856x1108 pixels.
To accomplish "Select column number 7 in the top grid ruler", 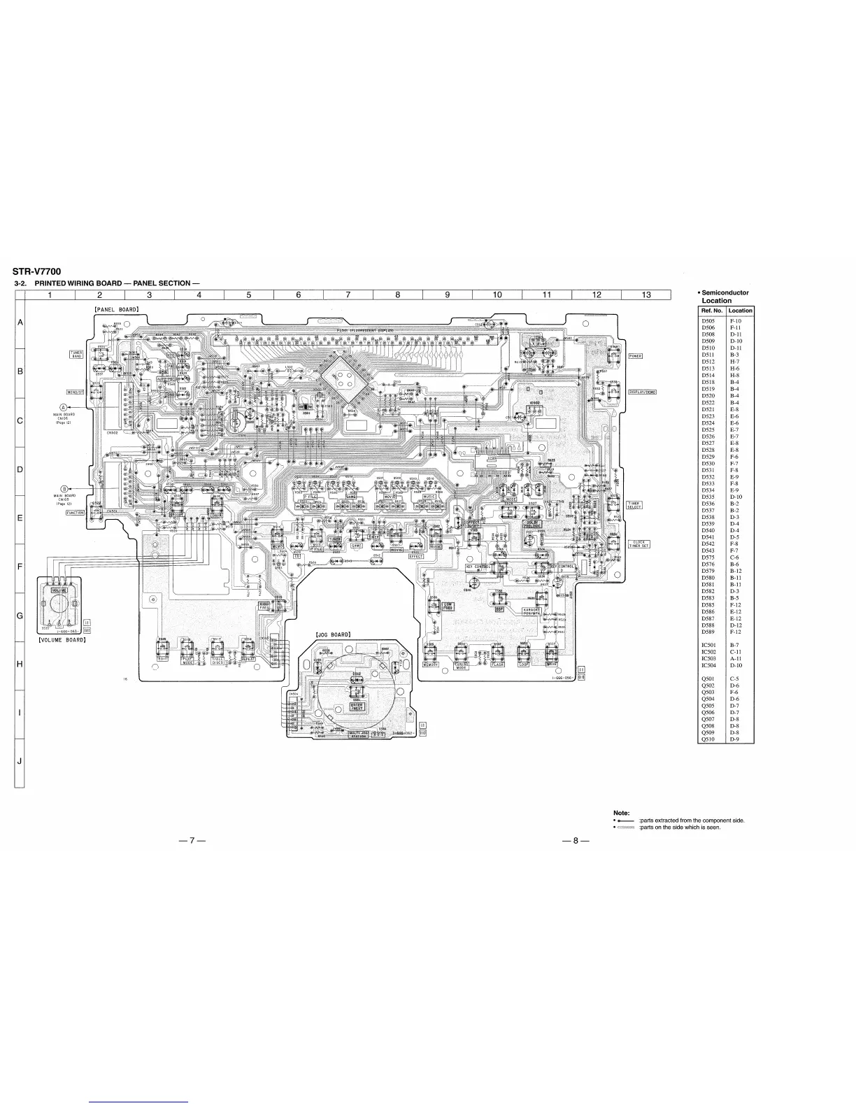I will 348,294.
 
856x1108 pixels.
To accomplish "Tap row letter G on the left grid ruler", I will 20,615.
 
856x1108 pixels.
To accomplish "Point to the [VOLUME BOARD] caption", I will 62,639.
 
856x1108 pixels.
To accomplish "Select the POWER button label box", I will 635,355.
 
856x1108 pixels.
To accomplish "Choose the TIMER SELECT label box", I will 634,505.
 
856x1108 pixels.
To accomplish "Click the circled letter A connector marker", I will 63,407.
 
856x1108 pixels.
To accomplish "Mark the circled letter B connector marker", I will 64,488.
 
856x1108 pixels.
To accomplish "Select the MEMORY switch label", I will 431,665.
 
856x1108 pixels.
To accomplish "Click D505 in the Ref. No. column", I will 708,320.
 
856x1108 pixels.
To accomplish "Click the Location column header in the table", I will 740,311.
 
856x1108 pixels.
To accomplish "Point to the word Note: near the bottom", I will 622,812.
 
